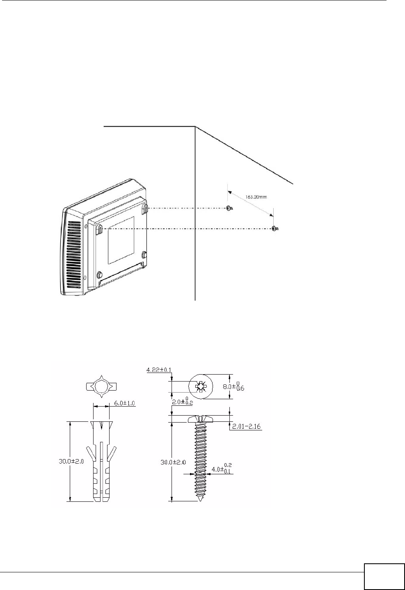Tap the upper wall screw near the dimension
230,208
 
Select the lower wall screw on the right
275,229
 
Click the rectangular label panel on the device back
121,240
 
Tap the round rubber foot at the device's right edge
144,255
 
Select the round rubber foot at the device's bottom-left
100,275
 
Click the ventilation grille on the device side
74,254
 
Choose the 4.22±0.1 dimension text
159,370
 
